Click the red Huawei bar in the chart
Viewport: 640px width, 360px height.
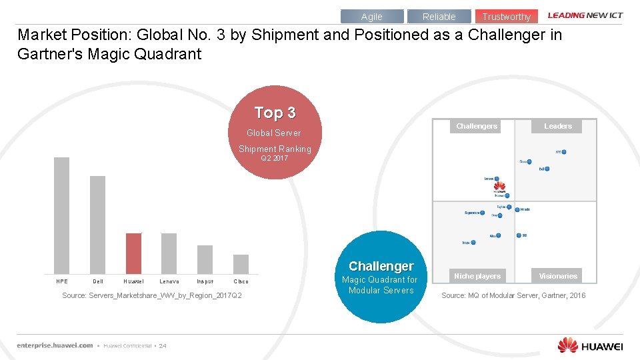(x=134, y=253)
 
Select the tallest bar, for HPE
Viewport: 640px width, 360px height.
(x=61, y=215)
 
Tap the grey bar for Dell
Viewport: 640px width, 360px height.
(x=98, y=224)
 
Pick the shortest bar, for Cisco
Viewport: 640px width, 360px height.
(x=241, y=264)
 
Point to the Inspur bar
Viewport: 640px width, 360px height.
(x=205, y=259)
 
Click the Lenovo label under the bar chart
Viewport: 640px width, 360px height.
(x=169, y=281)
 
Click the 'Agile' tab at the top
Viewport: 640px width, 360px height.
(x=371, y=17)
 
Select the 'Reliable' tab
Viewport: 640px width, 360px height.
(x=439, y=17)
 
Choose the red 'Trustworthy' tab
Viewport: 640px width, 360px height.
(x=506, y=17)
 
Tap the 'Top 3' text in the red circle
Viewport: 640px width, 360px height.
(x=275, y=113)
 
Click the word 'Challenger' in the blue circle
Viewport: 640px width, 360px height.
(x=381, y=266)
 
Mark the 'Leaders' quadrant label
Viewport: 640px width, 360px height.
(x=558, y=126)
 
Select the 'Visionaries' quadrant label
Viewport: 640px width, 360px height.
(x=558, y=276)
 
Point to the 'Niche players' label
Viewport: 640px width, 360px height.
(x=477, y=276)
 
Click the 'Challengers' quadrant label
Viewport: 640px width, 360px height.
(x=477, y=126)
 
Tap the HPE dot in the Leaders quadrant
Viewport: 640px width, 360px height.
(x=564, y=152)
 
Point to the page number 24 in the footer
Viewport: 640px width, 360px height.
(x=163, y=346)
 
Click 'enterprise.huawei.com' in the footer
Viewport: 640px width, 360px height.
(x=55, y=345)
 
